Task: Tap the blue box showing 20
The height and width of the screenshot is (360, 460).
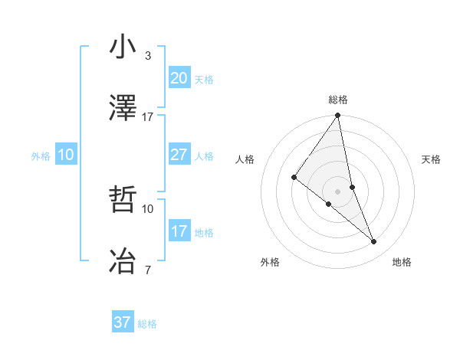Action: tap(179, 78)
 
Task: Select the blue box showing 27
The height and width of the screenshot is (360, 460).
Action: tap(179, 155)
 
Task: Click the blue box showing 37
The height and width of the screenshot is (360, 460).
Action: tap(123, 322)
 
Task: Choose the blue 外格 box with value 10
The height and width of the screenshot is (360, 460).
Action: tap(66, 155)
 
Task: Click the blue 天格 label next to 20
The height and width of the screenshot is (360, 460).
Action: tap(204, 80)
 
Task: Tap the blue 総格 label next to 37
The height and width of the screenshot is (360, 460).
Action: tap(147, 324)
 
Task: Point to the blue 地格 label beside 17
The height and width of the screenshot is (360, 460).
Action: tap(204, 233)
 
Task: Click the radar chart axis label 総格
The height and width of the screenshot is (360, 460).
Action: tap(338, 100)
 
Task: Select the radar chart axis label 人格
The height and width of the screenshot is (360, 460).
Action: tap(245, 159)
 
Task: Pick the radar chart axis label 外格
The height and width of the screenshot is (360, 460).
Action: tap(270, 262)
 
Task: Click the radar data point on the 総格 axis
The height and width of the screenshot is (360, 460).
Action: tap(337, 116)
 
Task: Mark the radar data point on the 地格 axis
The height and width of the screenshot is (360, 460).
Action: tap(374, 241)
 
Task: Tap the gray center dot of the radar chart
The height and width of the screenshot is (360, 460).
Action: tap(337, 191)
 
